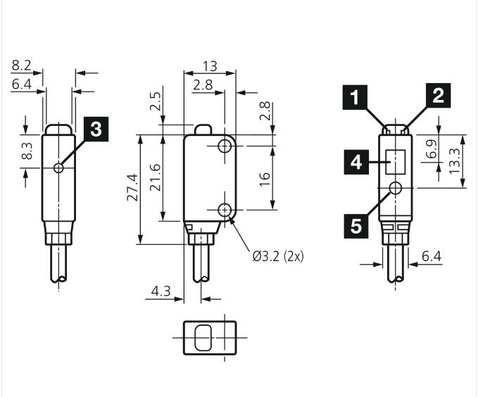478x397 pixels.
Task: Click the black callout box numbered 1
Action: (x=355, y=97)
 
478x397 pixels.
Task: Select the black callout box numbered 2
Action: (x=438, y=96)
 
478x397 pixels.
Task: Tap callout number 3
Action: (x=96, y=129)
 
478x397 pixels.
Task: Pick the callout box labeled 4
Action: (x=356, y=162)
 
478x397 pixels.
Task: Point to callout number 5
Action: (x=356, y=226)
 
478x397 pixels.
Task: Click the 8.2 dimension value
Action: (x=21, y=65)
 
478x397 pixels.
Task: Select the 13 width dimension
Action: (x=210, y=66)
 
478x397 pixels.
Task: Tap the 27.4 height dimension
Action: (x=132, y=187)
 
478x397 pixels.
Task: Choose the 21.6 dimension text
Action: (x=155, y=177)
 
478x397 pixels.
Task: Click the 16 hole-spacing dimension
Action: (x=265, y=179)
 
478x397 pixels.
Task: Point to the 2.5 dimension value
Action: (x=155, y=101)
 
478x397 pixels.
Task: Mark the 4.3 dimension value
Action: (x=161, y=291)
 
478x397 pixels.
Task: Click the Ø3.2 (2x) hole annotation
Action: (x=278, y=256)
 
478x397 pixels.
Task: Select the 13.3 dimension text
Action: (x=454, y=160)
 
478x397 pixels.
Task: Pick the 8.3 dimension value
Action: (x=27, y=151)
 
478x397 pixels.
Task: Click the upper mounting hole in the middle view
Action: (x=225, y=146)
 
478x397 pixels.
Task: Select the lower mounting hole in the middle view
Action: (x=225, y=210)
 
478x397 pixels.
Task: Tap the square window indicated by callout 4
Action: (x=396, y=162)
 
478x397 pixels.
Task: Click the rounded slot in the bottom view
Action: (x=203, y=338)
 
